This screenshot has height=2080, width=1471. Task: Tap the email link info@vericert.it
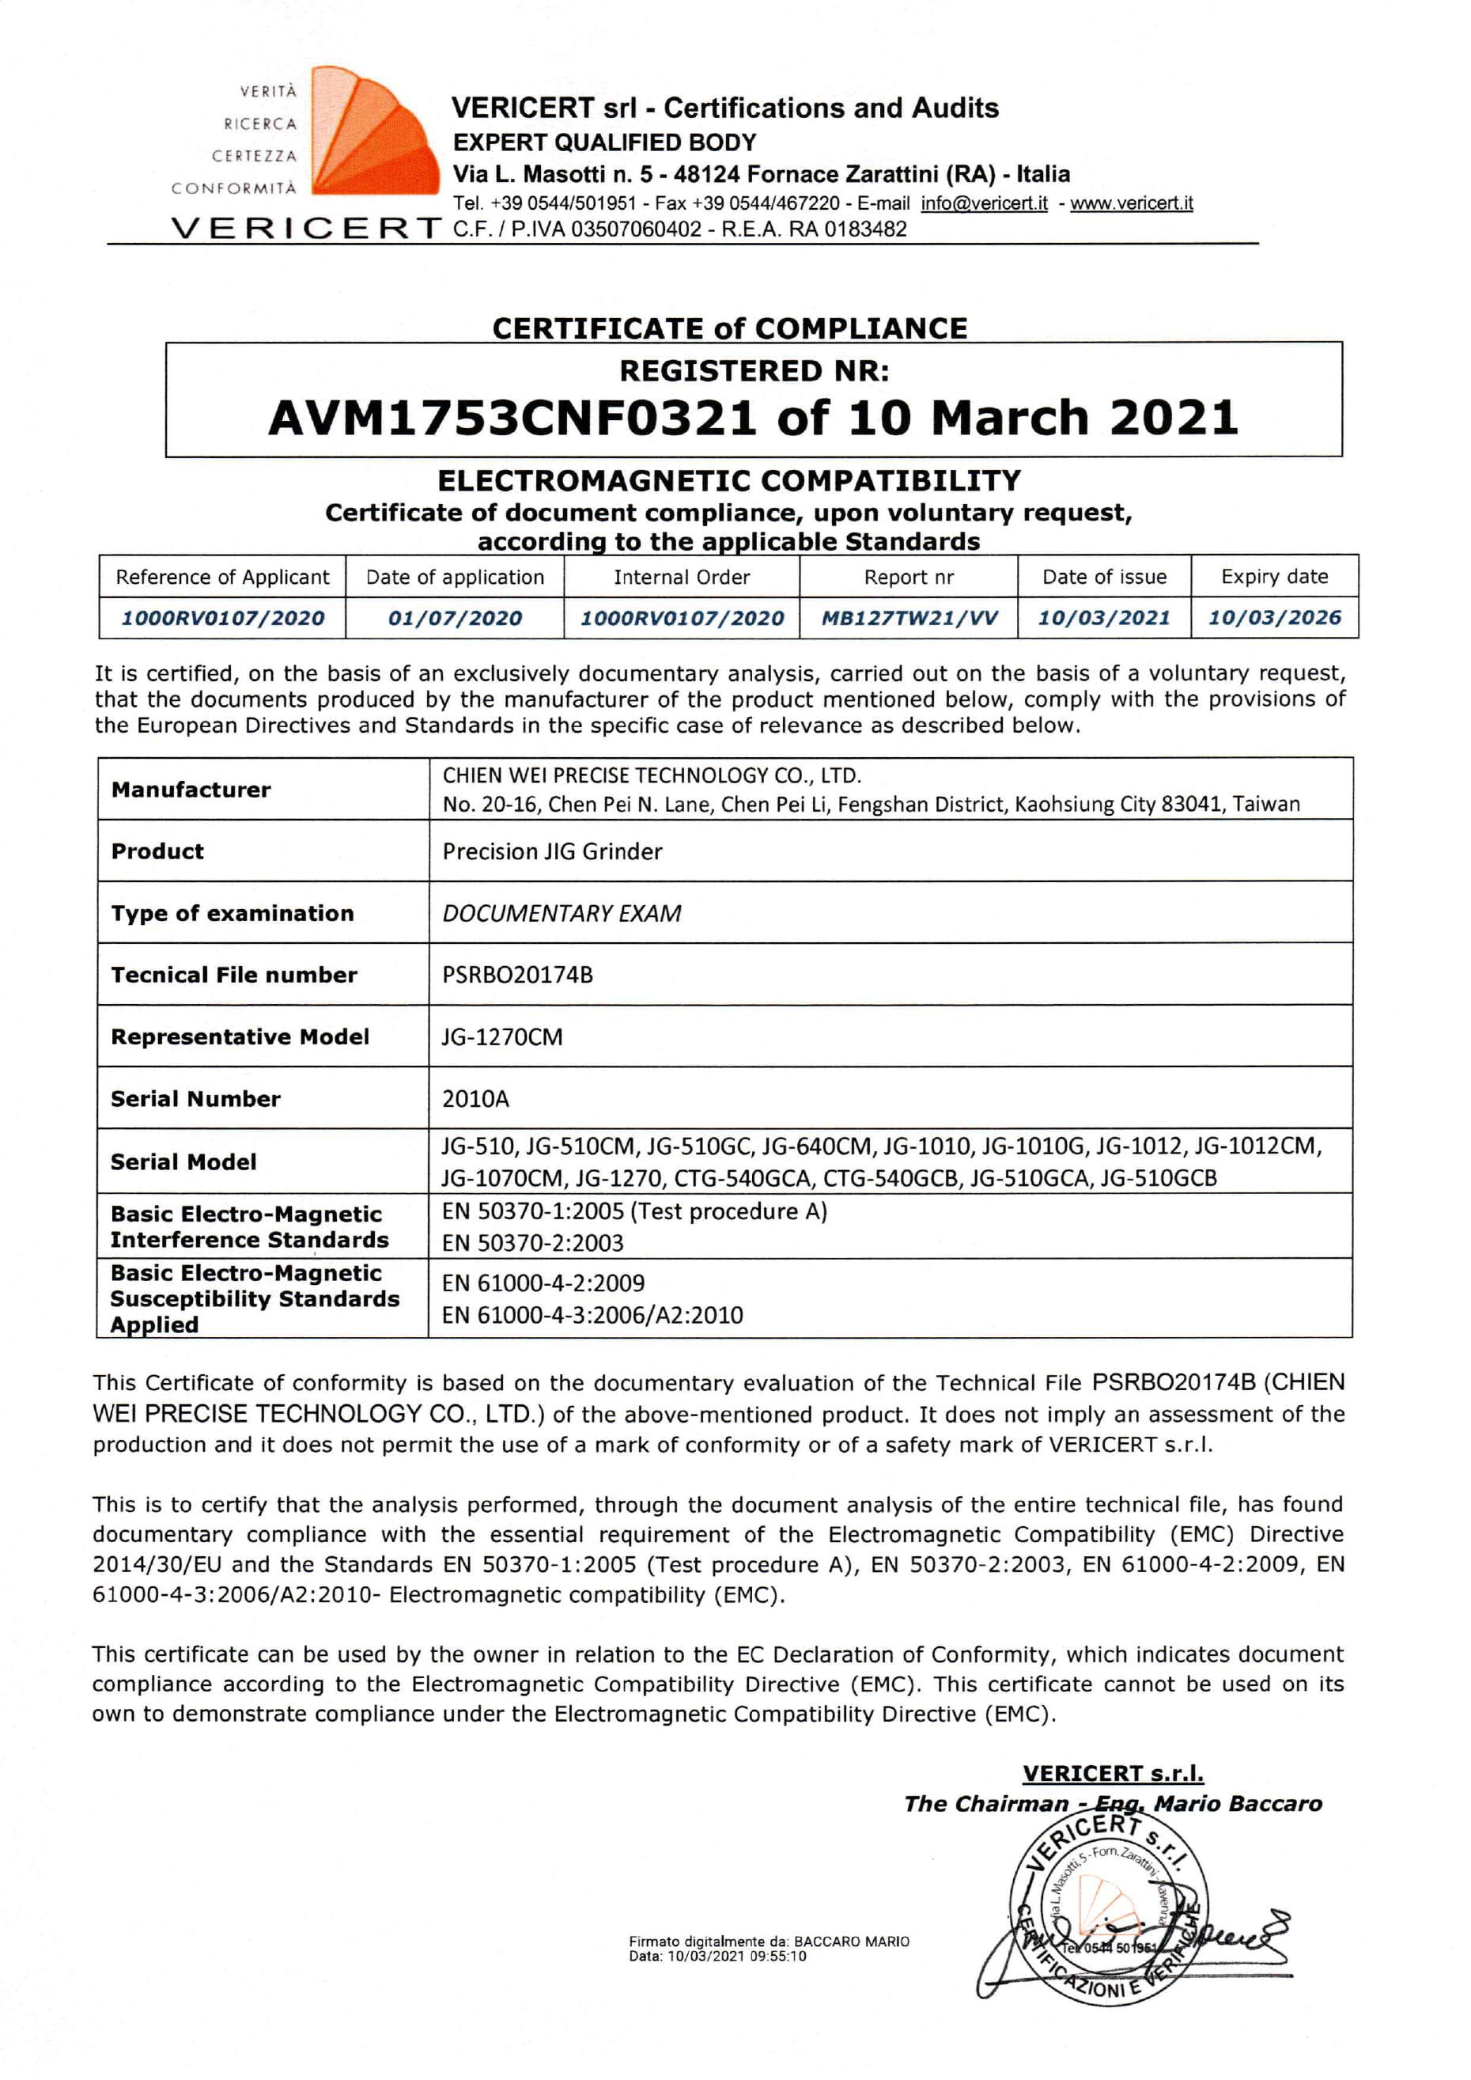[984, 203]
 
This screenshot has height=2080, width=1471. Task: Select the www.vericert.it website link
[1132, 203]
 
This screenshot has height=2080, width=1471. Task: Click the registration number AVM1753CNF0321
[512, 418]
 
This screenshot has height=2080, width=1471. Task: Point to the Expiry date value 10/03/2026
[1273, 618]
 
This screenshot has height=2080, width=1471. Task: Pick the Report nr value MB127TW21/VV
[909, 618]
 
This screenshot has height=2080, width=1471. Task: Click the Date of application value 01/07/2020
[455, 618]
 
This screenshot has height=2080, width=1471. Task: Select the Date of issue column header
[1103, 577]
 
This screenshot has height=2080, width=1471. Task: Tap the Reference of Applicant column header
[223, 577]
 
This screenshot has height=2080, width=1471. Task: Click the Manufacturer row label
[191, 789]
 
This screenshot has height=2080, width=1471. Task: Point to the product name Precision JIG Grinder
[552, 851]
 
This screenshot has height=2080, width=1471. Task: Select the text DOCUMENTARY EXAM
[562, 913]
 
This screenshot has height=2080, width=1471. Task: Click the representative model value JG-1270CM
[502, 1036]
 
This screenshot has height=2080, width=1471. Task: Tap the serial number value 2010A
[475, 1099]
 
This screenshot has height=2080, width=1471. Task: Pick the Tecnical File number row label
[233, 975]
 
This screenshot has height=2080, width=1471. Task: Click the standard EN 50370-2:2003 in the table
[532, 1243]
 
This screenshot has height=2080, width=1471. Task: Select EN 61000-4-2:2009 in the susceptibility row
[543, 1282]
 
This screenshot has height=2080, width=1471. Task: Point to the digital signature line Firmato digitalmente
[768, 1942]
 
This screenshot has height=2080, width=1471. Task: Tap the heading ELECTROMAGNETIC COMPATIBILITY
[729, 480]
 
